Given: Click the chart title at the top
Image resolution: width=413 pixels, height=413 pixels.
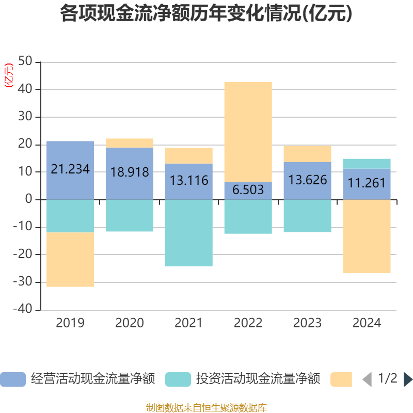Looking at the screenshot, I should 206,14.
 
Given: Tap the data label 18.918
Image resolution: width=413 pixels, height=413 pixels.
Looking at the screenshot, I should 130,172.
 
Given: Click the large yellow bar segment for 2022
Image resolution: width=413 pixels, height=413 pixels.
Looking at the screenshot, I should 248,132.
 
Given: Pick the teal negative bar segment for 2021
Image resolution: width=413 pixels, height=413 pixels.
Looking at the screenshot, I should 189,233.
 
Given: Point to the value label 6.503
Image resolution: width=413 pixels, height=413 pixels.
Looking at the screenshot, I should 248,189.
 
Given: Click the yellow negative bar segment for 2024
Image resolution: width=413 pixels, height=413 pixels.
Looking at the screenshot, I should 367,236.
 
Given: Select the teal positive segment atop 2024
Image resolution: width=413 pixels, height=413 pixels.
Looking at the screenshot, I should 367,164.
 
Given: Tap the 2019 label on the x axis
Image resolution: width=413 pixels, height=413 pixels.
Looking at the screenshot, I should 70,323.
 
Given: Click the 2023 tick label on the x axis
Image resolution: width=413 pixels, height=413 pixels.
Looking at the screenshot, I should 307,323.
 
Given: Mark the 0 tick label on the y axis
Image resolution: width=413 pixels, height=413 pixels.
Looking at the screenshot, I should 29,199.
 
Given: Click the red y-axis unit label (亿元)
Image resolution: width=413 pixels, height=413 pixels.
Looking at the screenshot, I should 8,76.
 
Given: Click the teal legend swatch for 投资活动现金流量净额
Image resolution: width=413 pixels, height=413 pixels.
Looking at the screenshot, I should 178,379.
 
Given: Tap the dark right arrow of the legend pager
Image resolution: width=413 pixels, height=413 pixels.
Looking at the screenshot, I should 408,379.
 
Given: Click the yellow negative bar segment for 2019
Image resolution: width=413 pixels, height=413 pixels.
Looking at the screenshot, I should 70,260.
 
